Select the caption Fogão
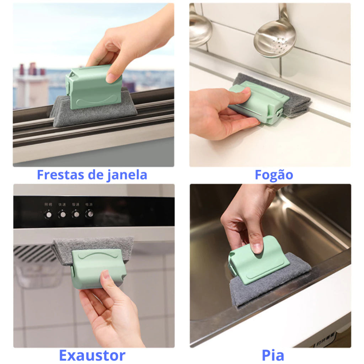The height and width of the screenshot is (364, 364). coord(274,175)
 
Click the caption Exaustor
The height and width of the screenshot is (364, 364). coord(92,355)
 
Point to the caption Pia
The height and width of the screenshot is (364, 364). coord(273,355)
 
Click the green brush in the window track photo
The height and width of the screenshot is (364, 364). coord(94,86)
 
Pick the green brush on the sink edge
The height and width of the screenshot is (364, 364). coord(258,259)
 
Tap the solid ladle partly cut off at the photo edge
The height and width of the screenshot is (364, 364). coord(200,31)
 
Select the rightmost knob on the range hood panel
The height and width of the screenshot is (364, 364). coord(90,214)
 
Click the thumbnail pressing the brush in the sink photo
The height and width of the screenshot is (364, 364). coord(257,248)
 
